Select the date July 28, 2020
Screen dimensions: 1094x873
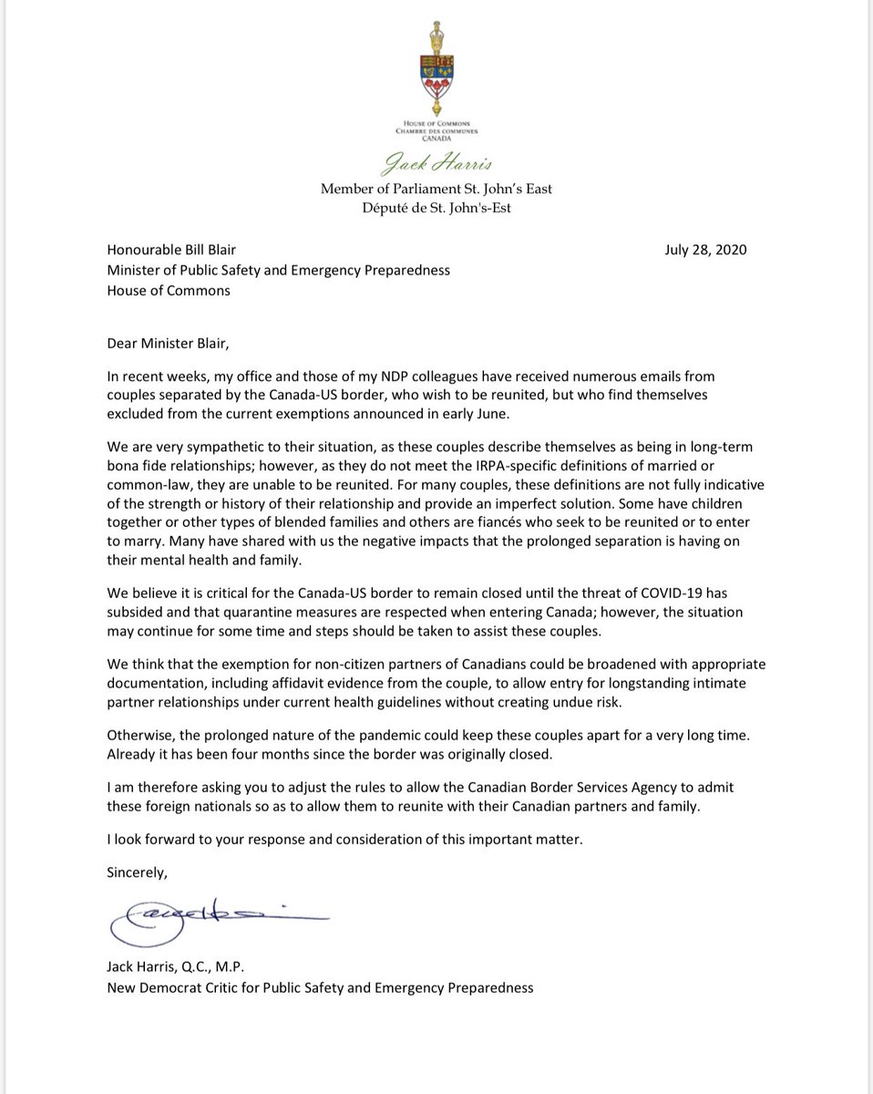(707, 250)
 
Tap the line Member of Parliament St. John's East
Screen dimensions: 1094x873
(436, 189)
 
